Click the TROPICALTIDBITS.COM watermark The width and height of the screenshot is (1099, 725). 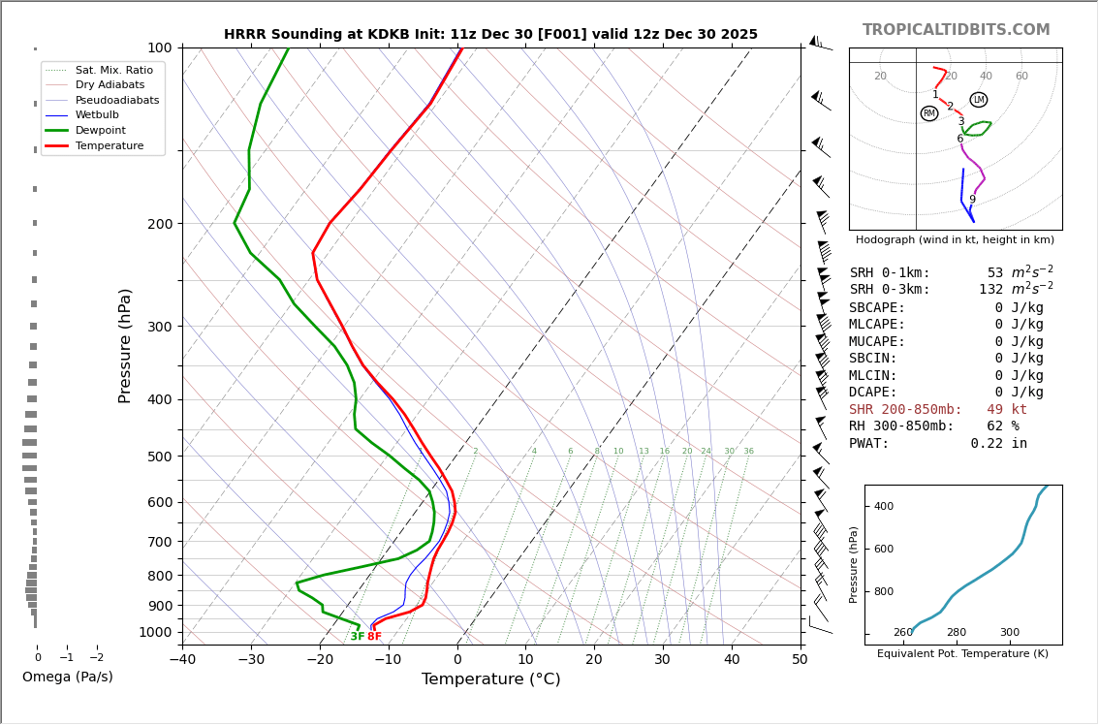(956, 30)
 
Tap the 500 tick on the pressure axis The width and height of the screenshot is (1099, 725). (160, 457)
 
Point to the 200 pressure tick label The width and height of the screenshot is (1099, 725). (160, 224)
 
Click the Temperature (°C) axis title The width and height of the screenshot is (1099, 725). (490, 679)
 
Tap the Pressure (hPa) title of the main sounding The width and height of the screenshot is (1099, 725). (125, 345)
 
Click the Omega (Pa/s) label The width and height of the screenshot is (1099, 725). (67, 677)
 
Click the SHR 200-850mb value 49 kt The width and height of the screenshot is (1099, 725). (1007, 410)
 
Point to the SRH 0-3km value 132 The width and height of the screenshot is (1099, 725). (991, 290)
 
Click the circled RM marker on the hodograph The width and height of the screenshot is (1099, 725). (929, 113)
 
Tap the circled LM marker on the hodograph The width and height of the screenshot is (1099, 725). (979, 100)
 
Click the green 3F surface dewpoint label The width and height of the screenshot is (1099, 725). (358, 637)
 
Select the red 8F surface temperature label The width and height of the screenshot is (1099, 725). (374, 637)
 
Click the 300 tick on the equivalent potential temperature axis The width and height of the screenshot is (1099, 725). (1010, 633)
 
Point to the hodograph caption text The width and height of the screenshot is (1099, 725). (955, 239)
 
